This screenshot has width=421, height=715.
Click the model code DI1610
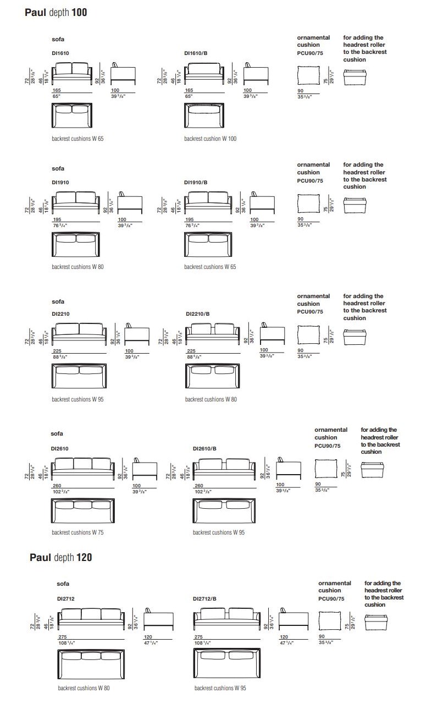60,54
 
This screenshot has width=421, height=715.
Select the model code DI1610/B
195,54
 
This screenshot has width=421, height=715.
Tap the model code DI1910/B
195,182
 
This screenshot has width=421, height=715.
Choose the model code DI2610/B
204,448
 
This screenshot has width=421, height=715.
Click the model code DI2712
65,598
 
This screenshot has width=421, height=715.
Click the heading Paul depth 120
60,558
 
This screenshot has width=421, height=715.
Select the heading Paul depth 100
56,12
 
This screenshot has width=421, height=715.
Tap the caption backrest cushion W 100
210,139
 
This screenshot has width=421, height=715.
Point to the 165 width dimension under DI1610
57,90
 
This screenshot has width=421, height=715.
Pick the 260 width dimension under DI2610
57,485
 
